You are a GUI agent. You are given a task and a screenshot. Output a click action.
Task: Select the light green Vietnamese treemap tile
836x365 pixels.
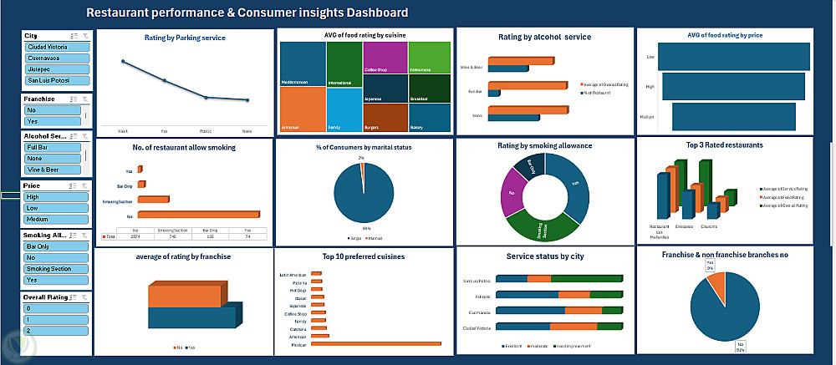(x=431, y=57)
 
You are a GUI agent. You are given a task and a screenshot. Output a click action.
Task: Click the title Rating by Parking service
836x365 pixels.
(x=186, y=38)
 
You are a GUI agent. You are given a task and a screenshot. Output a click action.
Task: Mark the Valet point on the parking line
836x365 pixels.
(x=123, y=62)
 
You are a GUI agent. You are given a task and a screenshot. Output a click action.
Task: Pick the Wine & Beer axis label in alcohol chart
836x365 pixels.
(x=472, y=66)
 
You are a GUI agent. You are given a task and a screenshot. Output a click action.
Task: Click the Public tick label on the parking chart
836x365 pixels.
(x=206, y=130)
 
